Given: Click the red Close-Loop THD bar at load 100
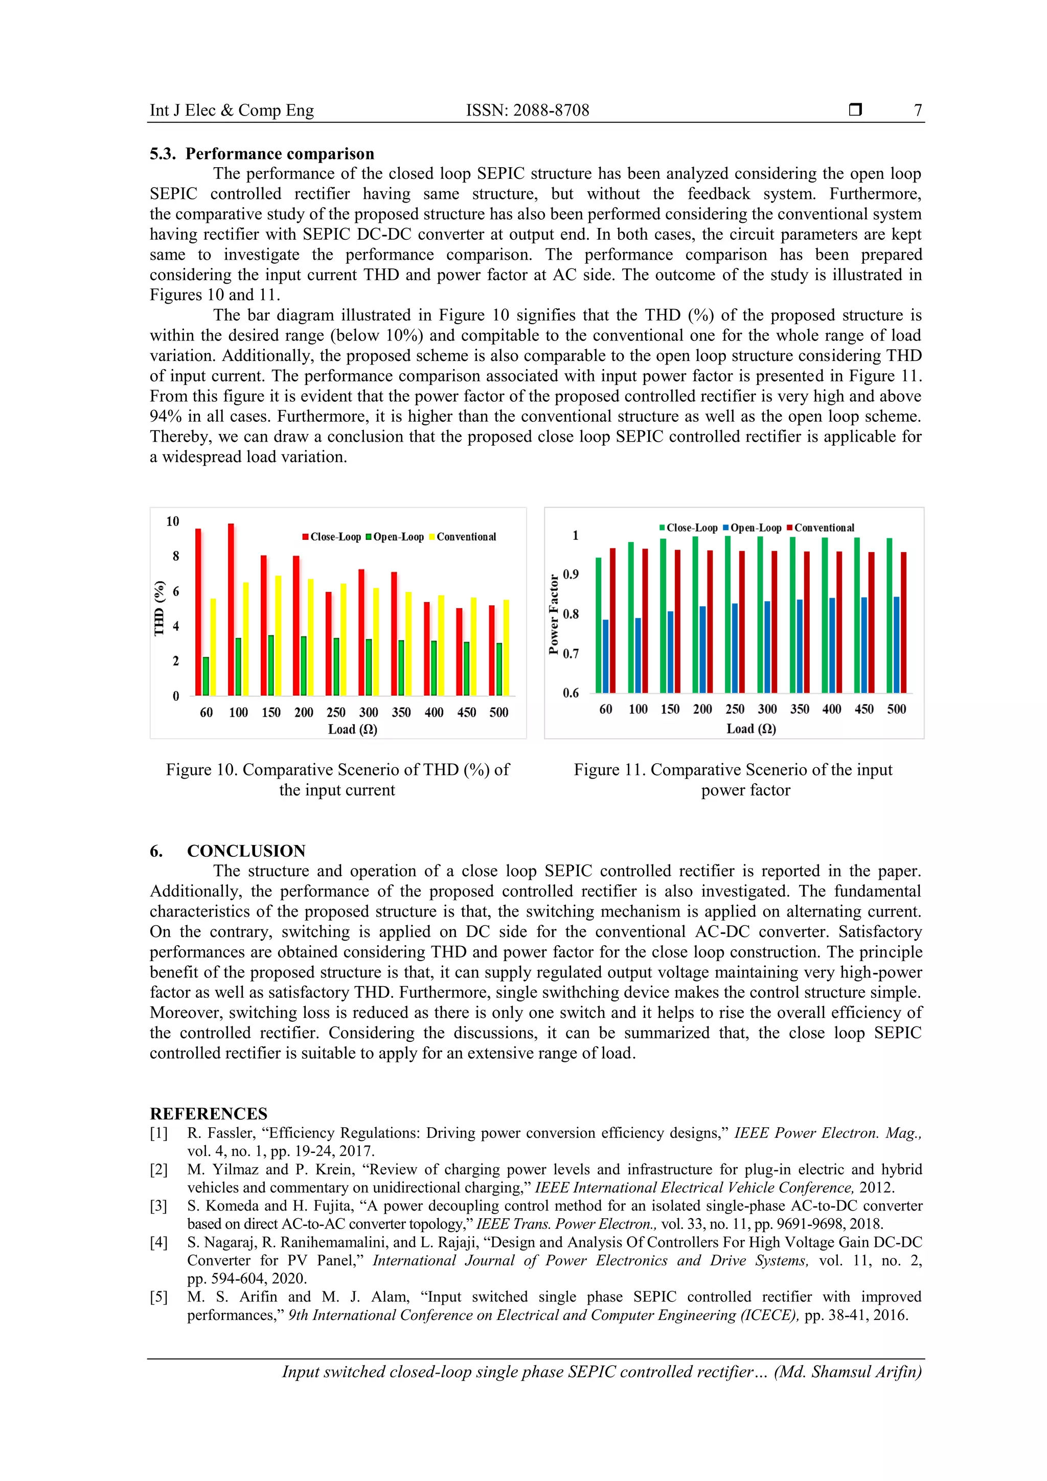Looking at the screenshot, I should point(231,609).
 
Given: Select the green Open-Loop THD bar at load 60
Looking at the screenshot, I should point(206,676).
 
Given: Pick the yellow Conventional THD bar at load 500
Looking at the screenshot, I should point(507,647).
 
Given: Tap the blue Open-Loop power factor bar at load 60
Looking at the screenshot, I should point(606,656).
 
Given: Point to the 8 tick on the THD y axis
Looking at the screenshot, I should point(175,556).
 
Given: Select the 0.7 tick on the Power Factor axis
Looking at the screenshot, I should point(571,653).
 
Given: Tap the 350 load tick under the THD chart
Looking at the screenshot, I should point(401,712).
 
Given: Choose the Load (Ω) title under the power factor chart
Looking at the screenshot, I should point(751,728).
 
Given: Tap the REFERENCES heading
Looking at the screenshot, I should point(209,1113).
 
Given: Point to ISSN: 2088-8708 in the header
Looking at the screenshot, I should point(528,110).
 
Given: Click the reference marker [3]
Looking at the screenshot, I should point(158,1205).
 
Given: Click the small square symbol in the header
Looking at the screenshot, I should point(855,109).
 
